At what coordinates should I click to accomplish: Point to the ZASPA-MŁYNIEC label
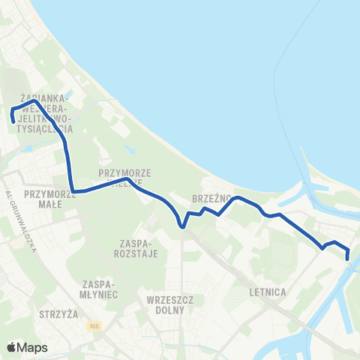pyautogui.click(x=98, y=288)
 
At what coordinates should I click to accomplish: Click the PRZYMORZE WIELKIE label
pyautogui.click(x=125, y=177)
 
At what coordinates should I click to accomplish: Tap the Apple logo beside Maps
pyautogui.click(x=12, y=347)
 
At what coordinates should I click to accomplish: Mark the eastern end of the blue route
pyautogui.click(x=348, y=259)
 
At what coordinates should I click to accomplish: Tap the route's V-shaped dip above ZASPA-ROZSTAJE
pyautogui.click(x=182, y=225)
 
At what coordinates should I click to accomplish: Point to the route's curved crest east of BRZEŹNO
pyautogui.click(x=238, y=197)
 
